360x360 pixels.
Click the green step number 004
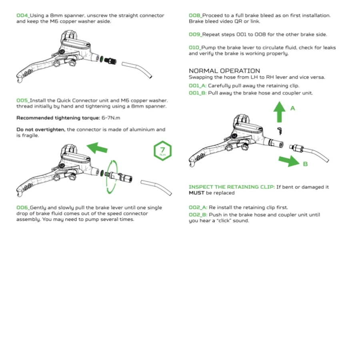click(x=22, y=16)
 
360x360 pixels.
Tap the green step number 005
click(x=22, y=100)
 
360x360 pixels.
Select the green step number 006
click(x=22, y=208)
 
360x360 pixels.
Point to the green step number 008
click(x=195, y=16)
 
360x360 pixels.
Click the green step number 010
click(x=194, y=48)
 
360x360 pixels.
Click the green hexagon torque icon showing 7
click(x=162, y=151)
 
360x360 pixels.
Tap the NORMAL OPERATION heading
click(x=224, y=71)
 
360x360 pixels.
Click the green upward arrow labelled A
click(x=280, y=112)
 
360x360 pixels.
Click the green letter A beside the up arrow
click(x=292, y=108)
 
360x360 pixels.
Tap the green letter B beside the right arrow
click(x=305, y=164)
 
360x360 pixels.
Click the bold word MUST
click(x=196, y=193)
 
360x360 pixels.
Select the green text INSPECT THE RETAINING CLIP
click(x=232, y=187)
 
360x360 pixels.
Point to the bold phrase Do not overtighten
click(x=41, y=129)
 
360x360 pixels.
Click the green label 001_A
click(x=198, y=86)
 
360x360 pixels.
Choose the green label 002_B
click(x=198, y=215)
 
